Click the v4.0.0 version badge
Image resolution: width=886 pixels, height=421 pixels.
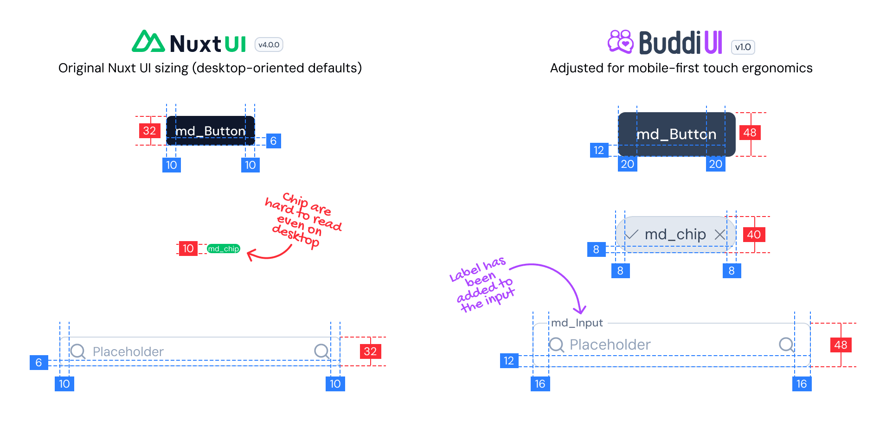point(269,45)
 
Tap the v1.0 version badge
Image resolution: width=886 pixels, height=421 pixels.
point(743,47)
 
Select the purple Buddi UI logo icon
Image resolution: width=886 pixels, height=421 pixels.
point(621,42)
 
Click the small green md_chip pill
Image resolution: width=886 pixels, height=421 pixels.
point(223,249)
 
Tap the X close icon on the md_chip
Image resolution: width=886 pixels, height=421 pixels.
point(719,235)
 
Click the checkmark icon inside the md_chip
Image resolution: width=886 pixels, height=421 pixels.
point(631,234)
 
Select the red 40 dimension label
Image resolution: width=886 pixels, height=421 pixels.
point(754,235)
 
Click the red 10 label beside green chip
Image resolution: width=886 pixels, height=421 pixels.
point(188,249)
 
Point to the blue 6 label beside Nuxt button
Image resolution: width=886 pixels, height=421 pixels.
point(273,141)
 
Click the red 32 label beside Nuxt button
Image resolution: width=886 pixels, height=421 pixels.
point(149,131)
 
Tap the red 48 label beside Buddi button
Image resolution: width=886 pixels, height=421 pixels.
point(750,133)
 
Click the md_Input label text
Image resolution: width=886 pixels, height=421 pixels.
point(577,323)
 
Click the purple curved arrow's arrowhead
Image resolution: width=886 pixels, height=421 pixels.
point(579,310)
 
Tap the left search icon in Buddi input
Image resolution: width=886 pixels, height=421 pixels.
point(556,344)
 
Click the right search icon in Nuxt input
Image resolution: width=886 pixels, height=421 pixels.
point(321,351)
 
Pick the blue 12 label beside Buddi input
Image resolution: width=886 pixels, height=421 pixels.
point(509,361)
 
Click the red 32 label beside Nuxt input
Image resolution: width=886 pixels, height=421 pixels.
point(370,351)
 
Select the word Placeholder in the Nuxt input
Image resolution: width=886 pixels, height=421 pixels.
point(128,352)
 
